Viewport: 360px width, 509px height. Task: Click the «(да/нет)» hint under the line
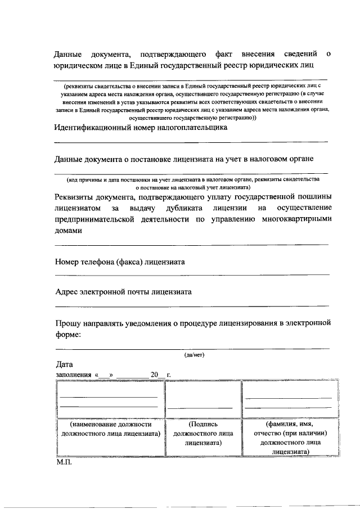194,355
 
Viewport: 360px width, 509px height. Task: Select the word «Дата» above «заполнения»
64,365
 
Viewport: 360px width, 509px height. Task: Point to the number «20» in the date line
154,375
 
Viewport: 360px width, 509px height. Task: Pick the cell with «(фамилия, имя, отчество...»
290,438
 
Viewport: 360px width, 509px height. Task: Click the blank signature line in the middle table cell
200,407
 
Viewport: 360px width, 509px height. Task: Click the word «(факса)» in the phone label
129,262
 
